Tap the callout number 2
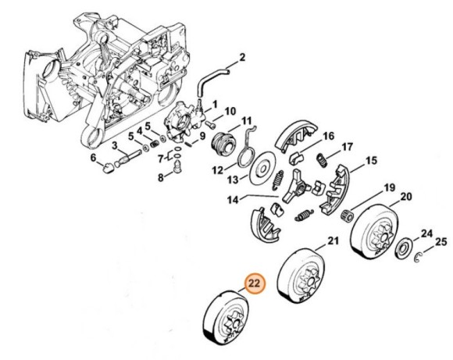pyautogui.click(x=241, y=57)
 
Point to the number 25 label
pyautogui.click(x=441, y=241)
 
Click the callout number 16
pyautogui.click(x=328, y=136)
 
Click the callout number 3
pyautogui.click(x=115, y=144)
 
